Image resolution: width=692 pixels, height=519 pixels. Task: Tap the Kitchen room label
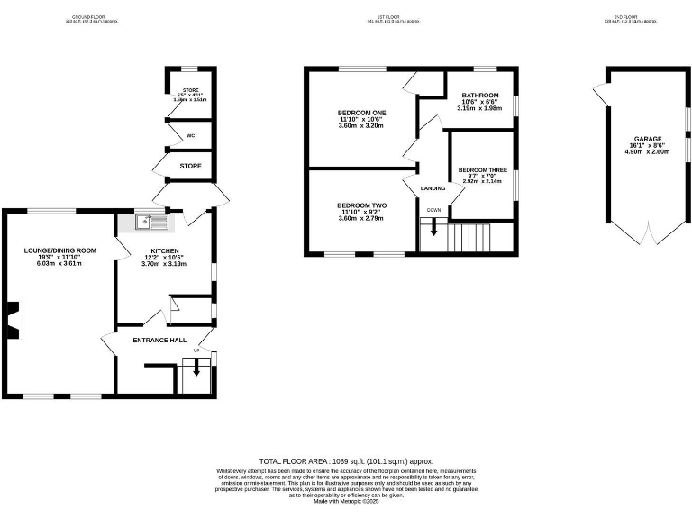[x=164, y=250]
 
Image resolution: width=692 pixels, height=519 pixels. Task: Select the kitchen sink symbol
[x=150, y=220]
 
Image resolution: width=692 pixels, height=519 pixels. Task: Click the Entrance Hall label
[x=159, y=340]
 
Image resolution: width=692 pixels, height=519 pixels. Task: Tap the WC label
[x=190, y=136]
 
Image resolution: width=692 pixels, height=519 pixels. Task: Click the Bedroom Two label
[x=360, y=205]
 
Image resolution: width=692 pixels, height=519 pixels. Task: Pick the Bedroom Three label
[x=482, y=169]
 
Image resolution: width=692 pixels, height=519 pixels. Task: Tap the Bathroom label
[x=480, y=96]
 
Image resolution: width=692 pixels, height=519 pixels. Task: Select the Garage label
[x=647, y=139]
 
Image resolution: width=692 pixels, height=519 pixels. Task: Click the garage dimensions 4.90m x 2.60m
[x=647, y=152]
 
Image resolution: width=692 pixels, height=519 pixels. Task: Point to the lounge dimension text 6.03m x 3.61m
[x=59, y=264]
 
